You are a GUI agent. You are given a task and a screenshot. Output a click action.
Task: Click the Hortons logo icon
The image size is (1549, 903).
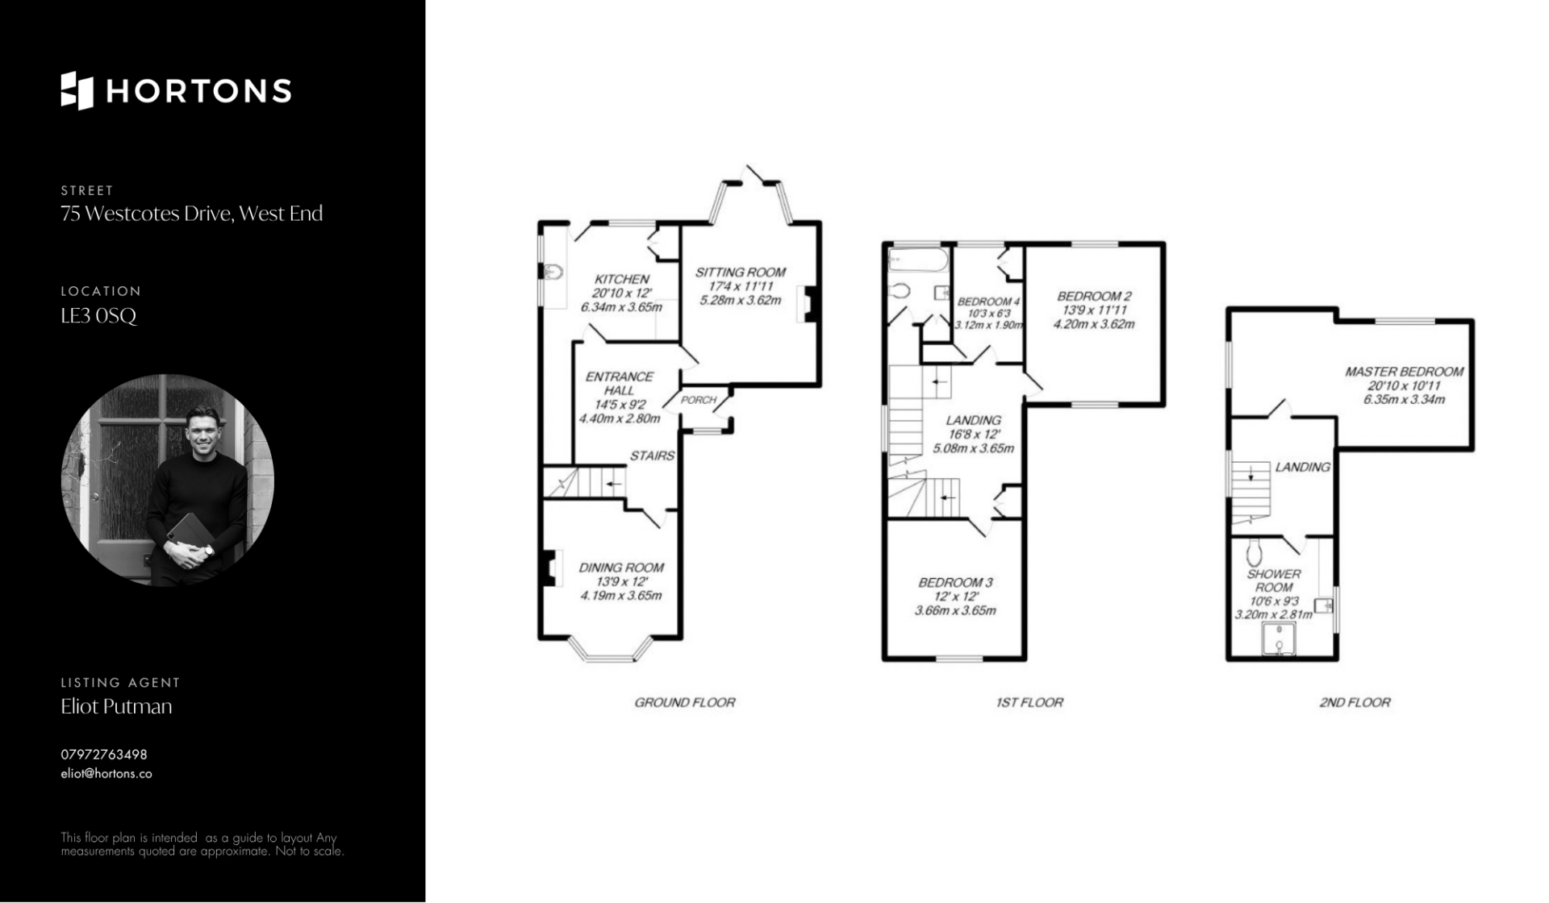click(x=77, y=90)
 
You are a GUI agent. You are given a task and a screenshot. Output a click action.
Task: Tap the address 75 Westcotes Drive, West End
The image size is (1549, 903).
click(x=192, y=214)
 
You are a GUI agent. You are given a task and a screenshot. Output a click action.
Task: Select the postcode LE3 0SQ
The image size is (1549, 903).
click(x=99, y=315)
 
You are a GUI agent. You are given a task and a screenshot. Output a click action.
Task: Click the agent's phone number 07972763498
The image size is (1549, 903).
click(x=104, y=755)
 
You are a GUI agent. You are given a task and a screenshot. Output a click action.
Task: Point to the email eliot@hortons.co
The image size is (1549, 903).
click(x=106, y=773)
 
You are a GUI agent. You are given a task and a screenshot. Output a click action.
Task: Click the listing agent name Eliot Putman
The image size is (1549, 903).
click(x=117, y=706)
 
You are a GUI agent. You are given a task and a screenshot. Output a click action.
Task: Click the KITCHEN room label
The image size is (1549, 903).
click(x=622, y=279)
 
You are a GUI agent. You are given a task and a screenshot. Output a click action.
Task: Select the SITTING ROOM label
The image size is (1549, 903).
click(x=741, y=273)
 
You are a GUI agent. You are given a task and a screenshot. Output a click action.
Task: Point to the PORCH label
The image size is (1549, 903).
click(x=699, y=400)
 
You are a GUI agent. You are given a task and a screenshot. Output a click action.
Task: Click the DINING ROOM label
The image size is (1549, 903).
click(x=621, y=568)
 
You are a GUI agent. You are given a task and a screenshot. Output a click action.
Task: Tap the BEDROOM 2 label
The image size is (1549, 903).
click(x=1095, y=296)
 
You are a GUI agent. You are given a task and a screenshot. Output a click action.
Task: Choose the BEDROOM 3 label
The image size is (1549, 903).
click(x=956, y=582)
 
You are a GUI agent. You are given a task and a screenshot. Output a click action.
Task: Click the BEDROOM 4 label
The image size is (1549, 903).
click(x=989, y=302)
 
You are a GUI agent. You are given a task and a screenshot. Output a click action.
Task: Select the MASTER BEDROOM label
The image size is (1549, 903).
click(x=1405, y=372)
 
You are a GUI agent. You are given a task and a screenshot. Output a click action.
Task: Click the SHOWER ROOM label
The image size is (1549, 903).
click(x=1274, y=580)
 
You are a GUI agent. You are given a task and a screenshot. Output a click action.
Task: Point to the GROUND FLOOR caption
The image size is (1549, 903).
click(x=685, y=702)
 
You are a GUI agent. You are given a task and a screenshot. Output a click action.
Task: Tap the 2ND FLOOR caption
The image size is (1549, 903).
click(x=1355, y=702)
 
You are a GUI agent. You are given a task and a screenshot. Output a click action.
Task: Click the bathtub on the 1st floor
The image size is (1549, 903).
click(x=918, y=259)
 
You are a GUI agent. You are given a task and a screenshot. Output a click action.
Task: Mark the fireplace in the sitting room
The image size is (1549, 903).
click(x=809, y=304)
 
